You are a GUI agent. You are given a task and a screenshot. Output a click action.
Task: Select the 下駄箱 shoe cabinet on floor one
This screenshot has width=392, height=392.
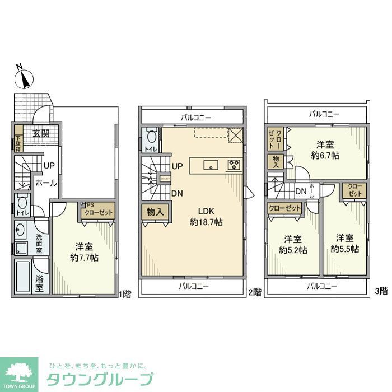click(x=18, y=139)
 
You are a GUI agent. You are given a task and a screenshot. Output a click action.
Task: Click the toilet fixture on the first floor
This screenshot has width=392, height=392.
click(x=21, y=203)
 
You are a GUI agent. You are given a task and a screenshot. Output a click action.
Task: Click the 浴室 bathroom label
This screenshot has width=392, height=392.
click(x=39, y=284)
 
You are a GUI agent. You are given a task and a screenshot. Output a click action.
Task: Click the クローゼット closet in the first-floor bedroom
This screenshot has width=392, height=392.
click(x=99, y=212)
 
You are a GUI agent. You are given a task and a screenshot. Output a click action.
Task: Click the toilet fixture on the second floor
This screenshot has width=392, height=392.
click(x=150, y=137)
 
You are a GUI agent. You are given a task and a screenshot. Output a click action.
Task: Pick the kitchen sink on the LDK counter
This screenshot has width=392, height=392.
click(x=211, y=165)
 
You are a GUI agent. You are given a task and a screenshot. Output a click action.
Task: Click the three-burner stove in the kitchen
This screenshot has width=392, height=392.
click(x=234, y=165)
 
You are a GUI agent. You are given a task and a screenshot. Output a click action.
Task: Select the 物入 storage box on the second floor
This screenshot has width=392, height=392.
click(x=155, y=212)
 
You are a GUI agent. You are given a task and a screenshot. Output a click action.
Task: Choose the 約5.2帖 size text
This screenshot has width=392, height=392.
click(x=293, y=250)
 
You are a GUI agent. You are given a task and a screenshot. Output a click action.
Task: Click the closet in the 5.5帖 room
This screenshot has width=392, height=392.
click(x=355, y=190)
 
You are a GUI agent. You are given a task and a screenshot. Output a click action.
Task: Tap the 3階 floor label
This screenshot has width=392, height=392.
click(x=381, y=291)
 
